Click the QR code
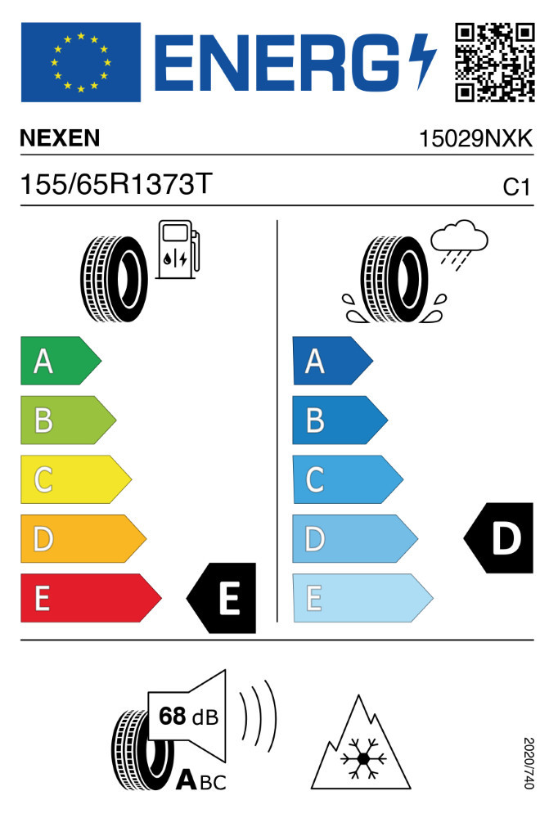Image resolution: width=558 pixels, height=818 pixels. pyautogui.click(x=494, y=62)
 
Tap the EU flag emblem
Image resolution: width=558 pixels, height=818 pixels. pyautogui.click(x=81, y=62)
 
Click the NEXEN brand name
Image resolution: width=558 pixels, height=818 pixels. pyautogui.click(x=60, y=138)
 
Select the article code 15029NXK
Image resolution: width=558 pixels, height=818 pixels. pyautogui.click(x=475, y=139)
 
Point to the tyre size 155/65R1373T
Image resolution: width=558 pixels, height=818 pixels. pyautogui.click(x=116, y=184)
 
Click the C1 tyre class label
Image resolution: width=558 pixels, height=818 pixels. pyautogui.click(x=516, y=187)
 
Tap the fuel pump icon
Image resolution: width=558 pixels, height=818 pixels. pyautogui.click(x=178, y=249)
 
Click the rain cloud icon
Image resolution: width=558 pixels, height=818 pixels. pyautogui.click(x=459, y=245)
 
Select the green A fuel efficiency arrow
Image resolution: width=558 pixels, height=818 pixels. pyautogui.click(x=61, y=361)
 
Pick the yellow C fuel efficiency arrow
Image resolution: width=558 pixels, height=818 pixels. pyautogui.click(x=76, y=479)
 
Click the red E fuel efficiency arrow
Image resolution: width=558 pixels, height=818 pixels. pyautogui.click(x=91, y=598)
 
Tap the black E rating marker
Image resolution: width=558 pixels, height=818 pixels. pyautogui.click(x=222, y=598)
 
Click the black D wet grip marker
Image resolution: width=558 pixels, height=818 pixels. pyautogui.click(x=498, y=538)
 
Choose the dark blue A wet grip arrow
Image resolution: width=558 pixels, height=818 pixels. pyautogui.click(x=332, y=361)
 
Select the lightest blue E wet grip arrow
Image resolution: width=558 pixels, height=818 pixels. pyautogui.click(x=362, y=598)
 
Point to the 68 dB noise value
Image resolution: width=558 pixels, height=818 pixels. pyautogui.click(x=188, y=717)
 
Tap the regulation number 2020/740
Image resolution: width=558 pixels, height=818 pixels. pyautogui.click(x=529, y=762)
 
